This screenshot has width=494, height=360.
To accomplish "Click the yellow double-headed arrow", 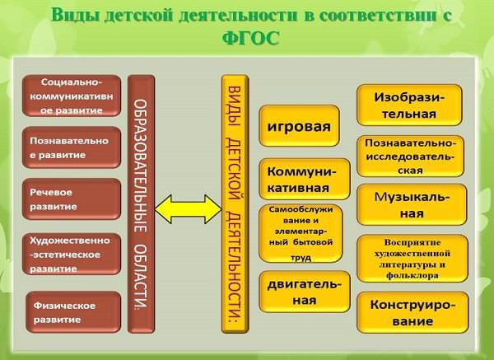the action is pos(189,209).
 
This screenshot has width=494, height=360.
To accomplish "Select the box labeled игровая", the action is pos(299,126).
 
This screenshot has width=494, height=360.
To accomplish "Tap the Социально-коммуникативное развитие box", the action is pos(72,96).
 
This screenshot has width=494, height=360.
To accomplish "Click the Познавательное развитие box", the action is pos(72,147).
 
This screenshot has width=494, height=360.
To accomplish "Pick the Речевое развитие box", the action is pos(72,199).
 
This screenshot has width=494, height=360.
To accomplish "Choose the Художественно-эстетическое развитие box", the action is pos(72,254).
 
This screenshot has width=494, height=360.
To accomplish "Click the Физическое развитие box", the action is pos(73,312).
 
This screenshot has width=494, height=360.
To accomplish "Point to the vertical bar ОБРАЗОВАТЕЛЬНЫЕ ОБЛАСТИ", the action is pos(141,204).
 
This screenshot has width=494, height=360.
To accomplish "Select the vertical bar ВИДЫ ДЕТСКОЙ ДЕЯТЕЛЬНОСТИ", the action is pos(235,204).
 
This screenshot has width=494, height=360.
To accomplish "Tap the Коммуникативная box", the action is pos(305,179).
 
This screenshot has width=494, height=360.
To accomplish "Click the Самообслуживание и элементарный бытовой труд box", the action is pos(301,234).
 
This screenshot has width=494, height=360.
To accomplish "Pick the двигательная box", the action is pos(305,292).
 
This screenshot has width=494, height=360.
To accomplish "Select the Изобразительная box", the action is pos(409,105).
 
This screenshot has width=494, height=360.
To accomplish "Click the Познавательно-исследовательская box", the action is pos(410,157).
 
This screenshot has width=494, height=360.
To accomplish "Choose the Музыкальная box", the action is pos(412,204).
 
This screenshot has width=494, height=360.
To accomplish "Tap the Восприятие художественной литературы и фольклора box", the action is pos(412,259).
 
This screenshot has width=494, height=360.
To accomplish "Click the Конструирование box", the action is pos(412,312).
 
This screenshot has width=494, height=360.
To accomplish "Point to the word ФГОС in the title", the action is pos(251,38).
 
